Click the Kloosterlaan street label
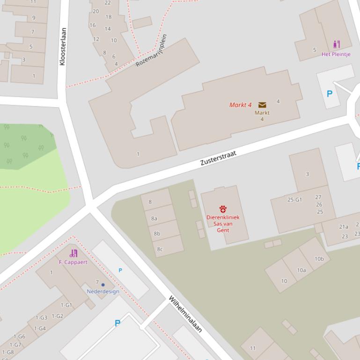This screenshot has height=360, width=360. pyautogui.click(x=63, y=46)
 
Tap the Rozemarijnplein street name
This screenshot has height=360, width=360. pyautogui.click(x=151, y=50)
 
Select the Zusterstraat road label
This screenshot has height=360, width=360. pyautogui.click(x=218, y=158)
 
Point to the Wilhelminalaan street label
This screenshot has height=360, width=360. pyautogui.click(x=185, y=314)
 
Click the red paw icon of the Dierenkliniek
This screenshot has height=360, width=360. pyautogui.click(x=223, y=209)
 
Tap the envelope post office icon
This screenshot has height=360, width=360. pyautogui.click(x=262, y=105)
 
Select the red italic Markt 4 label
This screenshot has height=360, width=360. pyautogui.click(x=241, y=105)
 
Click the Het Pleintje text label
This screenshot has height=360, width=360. pyautogui.click(x=336, y=54)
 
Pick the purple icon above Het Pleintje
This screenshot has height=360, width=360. pyautogui.click(x=336, y=45)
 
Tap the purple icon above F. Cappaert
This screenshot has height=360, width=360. pyautogui.click(x=73, y=253)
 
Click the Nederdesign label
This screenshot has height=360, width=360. pyautogui.click(x=103, y=291)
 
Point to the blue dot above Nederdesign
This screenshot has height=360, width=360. pyautogui.click(x=103, y=284)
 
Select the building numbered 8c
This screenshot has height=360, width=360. pyautogui.click(x=160, y=249)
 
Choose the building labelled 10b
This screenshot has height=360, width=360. pyautogui.click(x=319, y=259)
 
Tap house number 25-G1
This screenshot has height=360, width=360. pyautogui.click(x=294, y=200)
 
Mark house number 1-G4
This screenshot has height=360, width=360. pyautogui.click(x=40, y=328)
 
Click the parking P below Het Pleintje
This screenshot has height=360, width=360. pyautogui.click(x=330, y=94)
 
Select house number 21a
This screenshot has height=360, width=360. pyautogui.click(x=344, y=227)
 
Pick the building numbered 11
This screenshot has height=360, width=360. pyautogui.click(x=253, y=348)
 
